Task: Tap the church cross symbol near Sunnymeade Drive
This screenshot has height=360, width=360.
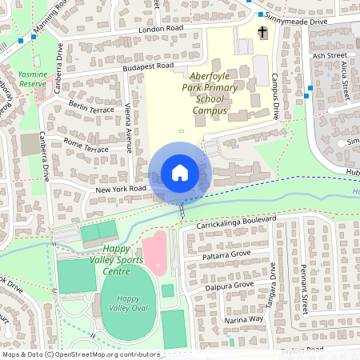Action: tap(263, 32)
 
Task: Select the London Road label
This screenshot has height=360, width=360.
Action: tap(160, 29)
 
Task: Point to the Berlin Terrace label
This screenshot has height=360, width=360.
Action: tap(91, 107)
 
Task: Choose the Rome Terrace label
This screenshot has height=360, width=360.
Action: tap(85, 145)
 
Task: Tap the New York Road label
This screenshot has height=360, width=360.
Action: tap(120, 189)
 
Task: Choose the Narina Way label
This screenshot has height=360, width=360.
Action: tap(243, 318)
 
